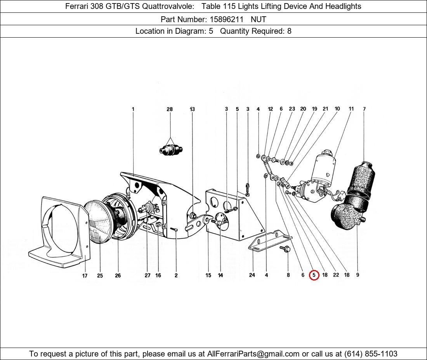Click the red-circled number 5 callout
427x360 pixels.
(x=314, y=275)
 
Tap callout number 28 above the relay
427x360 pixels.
(x=170, y=109)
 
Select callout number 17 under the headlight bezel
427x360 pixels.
(x=85, y=275)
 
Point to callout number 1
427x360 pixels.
(x=133, y=109)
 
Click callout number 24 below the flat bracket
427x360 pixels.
(x=252, y=275)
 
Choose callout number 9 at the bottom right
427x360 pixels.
(x=358, y=275)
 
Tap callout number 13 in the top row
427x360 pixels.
(x=192, y=109)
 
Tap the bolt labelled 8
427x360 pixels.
(x=286, y=249)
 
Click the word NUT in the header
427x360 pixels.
(x=259, y=19)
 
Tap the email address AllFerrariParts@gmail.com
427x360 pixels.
(x=253, y=354)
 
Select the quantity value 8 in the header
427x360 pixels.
(x=289, y=31)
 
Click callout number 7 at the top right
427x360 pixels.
(x=364, y=109)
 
